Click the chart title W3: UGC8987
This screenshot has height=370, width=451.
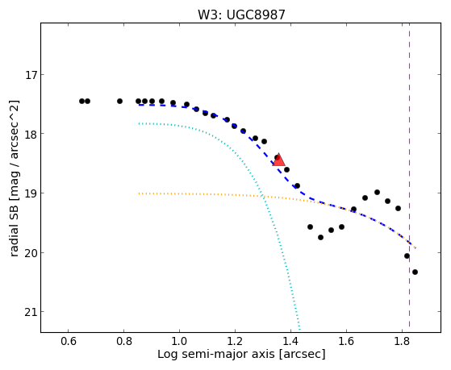pos(241,15)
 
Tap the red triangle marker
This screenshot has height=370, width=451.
pos(278,160)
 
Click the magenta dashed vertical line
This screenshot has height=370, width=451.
pos(409,177)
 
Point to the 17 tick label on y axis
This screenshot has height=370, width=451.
pos(30,75)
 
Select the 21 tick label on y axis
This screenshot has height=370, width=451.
pos(30,312)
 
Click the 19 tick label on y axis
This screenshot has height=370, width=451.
pos(30,193)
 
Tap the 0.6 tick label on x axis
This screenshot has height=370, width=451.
pos(68,342)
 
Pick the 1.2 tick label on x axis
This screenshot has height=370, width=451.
pos(235,342)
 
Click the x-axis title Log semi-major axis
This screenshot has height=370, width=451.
pos(216,354)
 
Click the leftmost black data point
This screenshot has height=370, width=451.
pos(81,101)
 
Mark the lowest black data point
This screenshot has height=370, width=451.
pos(415,272)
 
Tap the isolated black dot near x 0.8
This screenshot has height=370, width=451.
pos(119,101)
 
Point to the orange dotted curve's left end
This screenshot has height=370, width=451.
pos(139,193)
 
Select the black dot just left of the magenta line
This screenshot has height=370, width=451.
pos(407,256)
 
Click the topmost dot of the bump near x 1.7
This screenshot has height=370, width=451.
pos(377,192)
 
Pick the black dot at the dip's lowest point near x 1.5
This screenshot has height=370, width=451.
pos(321,237)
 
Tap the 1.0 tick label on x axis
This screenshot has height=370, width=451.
pos(179,342)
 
